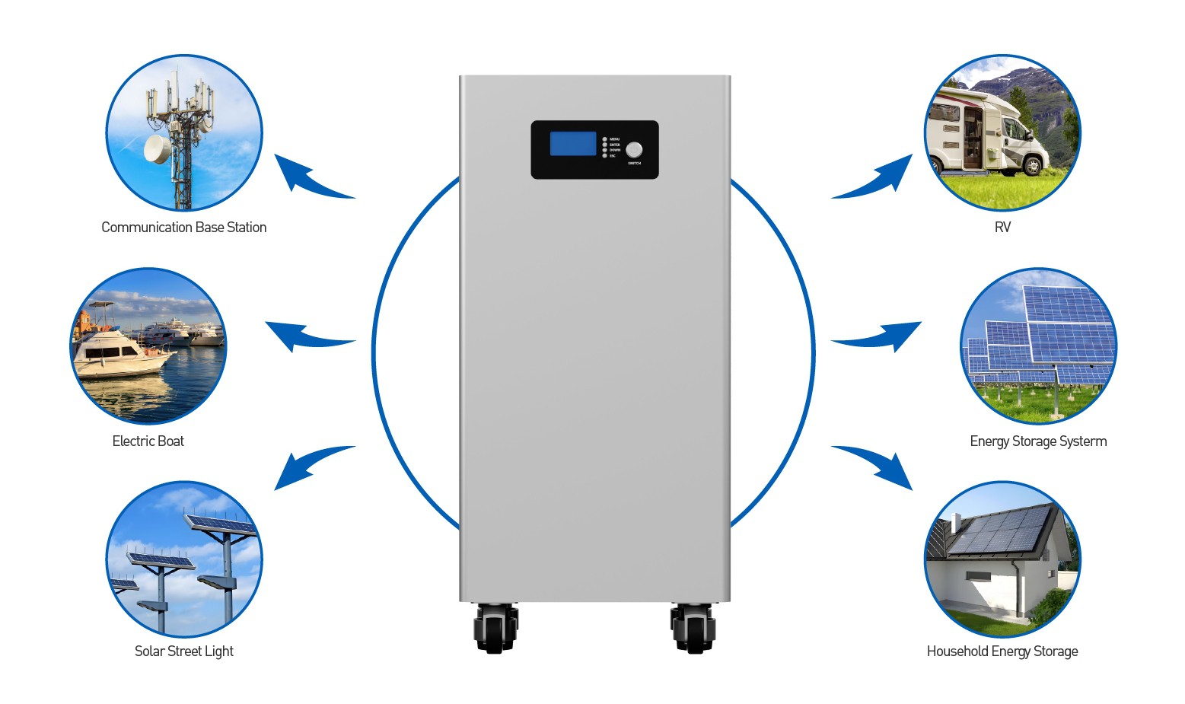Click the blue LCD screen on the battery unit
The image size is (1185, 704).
point(572,143)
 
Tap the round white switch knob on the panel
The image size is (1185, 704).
point(634,150)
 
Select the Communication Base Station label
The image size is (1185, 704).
point(183,228)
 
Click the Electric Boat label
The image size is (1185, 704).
point(148,441)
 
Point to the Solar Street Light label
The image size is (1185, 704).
point(183,651)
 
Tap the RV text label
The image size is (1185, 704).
point(1002,228)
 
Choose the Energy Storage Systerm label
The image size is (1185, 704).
point(1038,441)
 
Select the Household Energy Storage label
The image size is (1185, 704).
point(1002,651)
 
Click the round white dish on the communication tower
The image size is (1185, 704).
point(158,148)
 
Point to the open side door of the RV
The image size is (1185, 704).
point(971,137)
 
